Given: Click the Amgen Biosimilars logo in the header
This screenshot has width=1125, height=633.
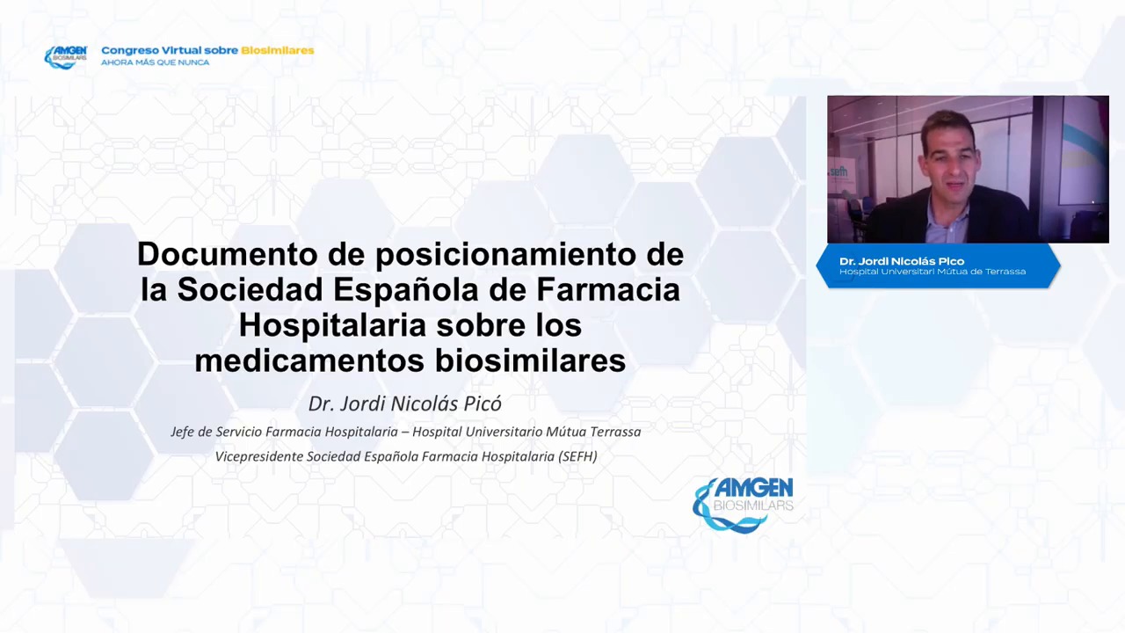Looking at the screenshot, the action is tap(66, 57).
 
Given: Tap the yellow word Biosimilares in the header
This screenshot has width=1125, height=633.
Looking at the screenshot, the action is tap(277, 50).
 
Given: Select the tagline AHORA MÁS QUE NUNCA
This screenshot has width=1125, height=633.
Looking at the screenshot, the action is tap(156, 62).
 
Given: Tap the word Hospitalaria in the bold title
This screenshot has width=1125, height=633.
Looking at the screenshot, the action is tap(333, 326).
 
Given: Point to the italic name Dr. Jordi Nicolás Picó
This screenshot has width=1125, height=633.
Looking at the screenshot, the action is tap(405, 404).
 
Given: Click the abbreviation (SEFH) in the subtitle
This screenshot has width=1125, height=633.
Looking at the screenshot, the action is tap(577, 456).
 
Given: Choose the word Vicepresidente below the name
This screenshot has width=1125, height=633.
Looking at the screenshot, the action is tap(258, 456).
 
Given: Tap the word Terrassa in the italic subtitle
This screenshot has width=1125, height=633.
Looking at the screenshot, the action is tap(615, 432).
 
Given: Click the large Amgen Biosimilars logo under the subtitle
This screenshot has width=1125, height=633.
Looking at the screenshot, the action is tap(743, 504).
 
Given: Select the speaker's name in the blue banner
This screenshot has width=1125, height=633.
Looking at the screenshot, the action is tap(902, 261).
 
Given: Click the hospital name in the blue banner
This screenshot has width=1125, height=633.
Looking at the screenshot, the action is tap(933, 272).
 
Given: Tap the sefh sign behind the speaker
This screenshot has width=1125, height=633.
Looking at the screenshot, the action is tap(838, 171).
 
